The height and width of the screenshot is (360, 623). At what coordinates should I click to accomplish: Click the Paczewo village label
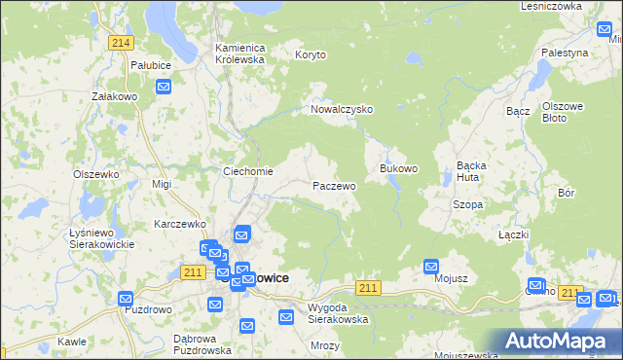point(334,185)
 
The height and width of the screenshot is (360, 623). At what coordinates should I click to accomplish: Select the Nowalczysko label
point(342,110)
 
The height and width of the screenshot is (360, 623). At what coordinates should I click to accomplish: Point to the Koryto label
point(312,55)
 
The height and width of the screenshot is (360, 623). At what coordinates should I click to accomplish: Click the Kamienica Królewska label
point(240,53)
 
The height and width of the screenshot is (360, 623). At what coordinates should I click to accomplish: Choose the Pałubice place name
point(151,65)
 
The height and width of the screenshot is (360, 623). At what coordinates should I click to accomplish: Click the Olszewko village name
point(96,174)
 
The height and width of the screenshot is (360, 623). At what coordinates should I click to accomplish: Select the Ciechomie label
point(248,172)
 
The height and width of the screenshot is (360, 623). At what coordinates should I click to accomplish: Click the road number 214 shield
point(121,43)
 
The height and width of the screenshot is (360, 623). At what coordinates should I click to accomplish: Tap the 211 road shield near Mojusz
point(368,288)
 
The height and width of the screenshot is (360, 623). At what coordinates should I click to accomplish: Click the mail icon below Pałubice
point(164,88)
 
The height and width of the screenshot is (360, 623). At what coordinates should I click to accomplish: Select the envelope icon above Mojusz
point(431,265)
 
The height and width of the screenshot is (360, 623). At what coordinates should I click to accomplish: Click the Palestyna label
point(566,53)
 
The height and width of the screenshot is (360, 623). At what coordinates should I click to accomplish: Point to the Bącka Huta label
point(478,171)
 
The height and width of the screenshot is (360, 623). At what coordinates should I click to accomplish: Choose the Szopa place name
point(468,205)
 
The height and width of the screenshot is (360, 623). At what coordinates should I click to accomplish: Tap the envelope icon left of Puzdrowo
point(125,298)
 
